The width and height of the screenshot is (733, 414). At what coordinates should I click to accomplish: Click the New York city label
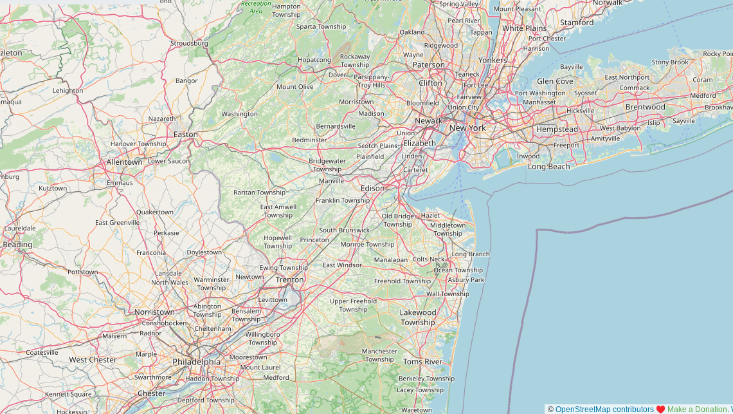point(467,128)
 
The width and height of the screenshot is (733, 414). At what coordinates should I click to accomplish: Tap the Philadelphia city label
point(196,362)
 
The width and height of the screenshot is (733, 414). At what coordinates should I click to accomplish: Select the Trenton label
point(289,279)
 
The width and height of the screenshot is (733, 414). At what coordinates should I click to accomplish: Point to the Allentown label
point(124,162)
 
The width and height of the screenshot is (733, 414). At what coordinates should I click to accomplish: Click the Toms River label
point(422,362)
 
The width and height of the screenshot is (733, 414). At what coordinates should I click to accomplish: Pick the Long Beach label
point(548,167)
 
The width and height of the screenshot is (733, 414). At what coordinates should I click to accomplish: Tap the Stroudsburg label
point(189,44)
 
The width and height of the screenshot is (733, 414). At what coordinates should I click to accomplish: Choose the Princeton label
point(314,240)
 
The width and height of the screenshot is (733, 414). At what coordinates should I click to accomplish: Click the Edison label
point(372,188)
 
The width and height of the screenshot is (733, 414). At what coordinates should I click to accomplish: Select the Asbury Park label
point(466,280)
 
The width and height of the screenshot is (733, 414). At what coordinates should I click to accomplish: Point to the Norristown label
point(154,312)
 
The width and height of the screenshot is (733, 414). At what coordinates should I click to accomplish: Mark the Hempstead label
point(557,129)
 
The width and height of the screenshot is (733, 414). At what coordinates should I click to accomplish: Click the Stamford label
point(577,23)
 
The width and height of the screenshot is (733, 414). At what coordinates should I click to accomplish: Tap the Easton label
point(186,135)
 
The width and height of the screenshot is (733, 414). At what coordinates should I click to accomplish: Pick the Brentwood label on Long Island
point(645,107)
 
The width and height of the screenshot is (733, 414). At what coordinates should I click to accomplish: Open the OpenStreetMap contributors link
point(604,409)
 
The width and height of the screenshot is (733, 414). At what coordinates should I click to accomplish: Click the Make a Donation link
point(697,409)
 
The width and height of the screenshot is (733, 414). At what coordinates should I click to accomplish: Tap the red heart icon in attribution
point(660,409)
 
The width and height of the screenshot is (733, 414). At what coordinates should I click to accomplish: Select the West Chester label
point(93,360)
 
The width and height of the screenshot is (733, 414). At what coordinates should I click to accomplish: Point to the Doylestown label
point(204,252)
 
